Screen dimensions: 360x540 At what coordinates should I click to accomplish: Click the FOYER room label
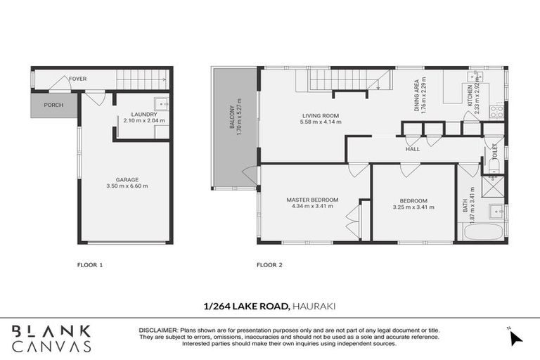point(77,79)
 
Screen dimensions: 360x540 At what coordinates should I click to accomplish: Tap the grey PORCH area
point(53,105)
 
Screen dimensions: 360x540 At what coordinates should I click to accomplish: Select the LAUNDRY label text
point(143,114)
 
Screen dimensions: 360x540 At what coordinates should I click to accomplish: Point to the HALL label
point(413,149)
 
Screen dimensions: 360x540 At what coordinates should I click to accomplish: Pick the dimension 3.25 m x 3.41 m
point(413,207)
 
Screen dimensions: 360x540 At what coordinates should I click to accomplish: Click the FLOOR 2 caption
point(269,265)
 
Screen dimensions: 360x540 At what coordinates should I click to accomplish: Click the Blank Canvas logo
point(51,338)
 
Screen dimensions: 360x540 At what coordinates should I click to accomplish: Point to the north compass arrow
point(516,338)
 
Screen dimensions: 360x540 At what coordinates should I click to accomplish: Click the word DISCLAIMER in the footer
point(159,329)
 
